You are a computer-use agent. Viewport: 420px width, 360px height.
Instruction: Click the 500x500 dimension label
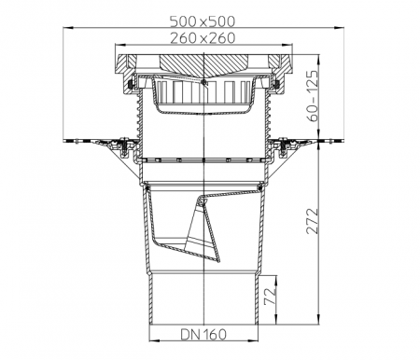pos(203,21)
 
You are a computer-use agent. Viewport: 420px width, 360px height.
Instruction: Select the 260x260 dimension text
pos(203,38)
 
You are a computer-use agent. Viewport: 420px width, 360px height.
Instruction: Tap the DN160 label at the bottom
pos(203,334)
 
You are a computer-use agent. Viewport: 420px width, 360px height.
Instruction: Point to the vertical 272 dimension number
pos(313,221)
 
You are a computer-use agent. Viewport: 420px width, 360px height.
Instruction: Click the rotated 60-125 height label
pos(313,96)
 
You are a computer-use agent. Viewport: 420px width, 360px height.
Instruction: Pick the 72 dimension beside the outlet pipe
pos(270,296)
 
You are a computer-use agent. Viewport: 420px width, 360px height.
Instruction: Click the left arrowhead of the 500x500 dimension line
pos(67,28)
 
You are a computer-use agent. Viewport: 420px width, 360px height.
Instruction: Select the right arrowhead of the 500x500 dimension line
pos(339,28)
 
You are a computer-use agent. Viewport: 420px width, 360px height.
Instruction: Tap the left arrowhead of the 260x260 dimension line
pos(119,45)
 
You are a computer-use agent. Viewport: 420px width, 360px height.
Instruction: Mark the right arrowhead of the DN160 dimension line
pos(253,340)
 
